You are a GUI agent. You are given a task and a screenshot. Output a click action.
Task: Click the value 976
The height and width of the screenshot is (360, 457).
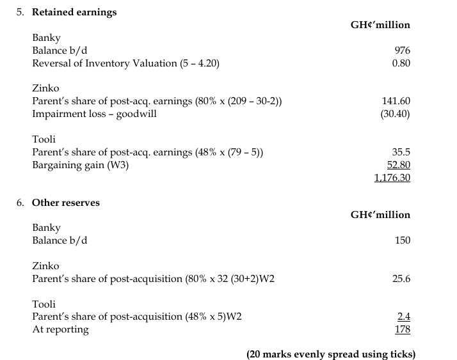point(403,51)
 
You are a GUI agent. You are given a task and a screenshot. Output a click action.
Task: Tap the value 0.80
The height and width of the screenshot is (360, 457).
point(401,63)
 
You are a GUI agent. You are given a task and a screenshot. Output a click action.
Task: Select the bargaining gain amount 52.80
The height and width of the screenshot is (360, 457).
point(398,165)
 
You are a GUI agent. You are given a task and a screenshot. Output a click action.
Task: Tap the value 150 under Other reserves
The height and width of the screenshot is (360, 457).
point(402,240)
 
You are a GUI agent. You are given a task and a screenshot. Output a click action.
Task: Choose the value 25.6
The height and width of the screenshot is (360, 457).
point(401,279)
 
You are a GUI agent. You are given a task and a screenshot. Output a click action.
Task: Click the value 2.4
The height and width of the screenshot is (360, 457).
point(404,317)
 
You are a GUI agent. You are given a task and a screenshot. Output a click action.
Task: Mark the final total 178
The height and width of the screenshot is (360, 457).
point(403,330)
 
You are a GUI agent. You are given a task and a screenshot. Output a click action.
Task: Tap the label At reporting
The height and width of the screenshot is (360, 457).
point(60,330)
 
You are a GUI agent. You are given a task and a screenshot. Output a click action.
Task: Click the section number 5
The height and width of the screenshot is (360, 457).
point(20,12)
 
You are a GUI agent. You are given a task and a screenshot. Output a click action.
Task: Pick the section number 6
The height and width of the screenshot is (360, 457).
point(20,203)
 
